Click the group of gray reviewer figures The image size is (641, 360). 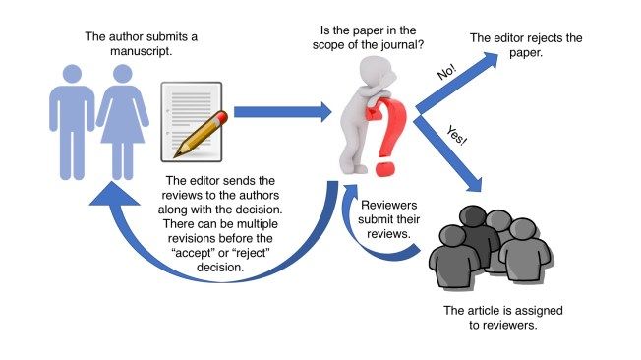point(486,246)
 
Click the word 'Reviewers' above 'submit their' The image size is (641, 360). point(394,205)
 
